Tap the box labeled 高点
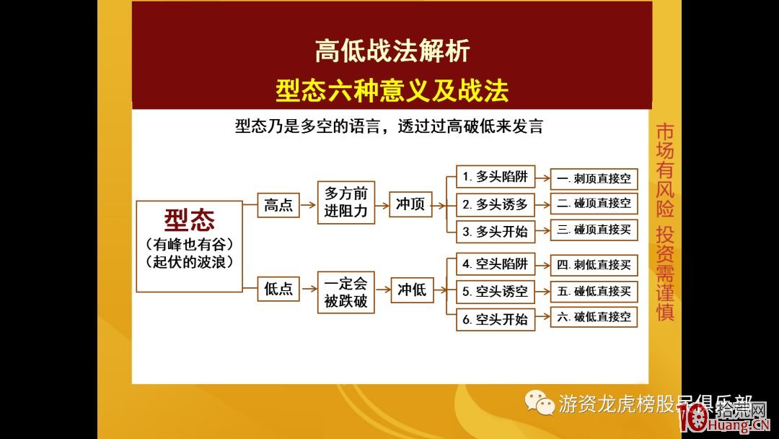coord(278,205)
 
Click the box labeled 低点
coord(278,289)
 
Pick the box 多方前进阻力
coord(346,202)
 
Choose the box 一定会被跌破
coord(346,292)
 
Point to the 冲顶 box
coord(410,204)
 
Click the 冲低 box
coord(411,290)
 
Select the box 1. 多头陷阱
coord(495,177)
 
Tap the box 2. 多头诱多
coord(495,204)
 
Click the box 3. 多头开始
coord(495,232)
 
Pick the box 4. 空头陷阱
coord(495,264)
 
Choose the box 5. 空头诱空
coord(495,292)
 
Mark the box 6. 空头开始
coord(495,319)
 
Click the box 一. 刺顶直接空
coord(594,178)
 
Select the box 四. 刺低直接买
coord(594,264)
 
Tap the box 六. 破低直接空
coord(594,316)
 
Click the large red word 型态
coord(189,219)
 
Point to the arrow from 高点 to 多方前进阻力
coord(308,205)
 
